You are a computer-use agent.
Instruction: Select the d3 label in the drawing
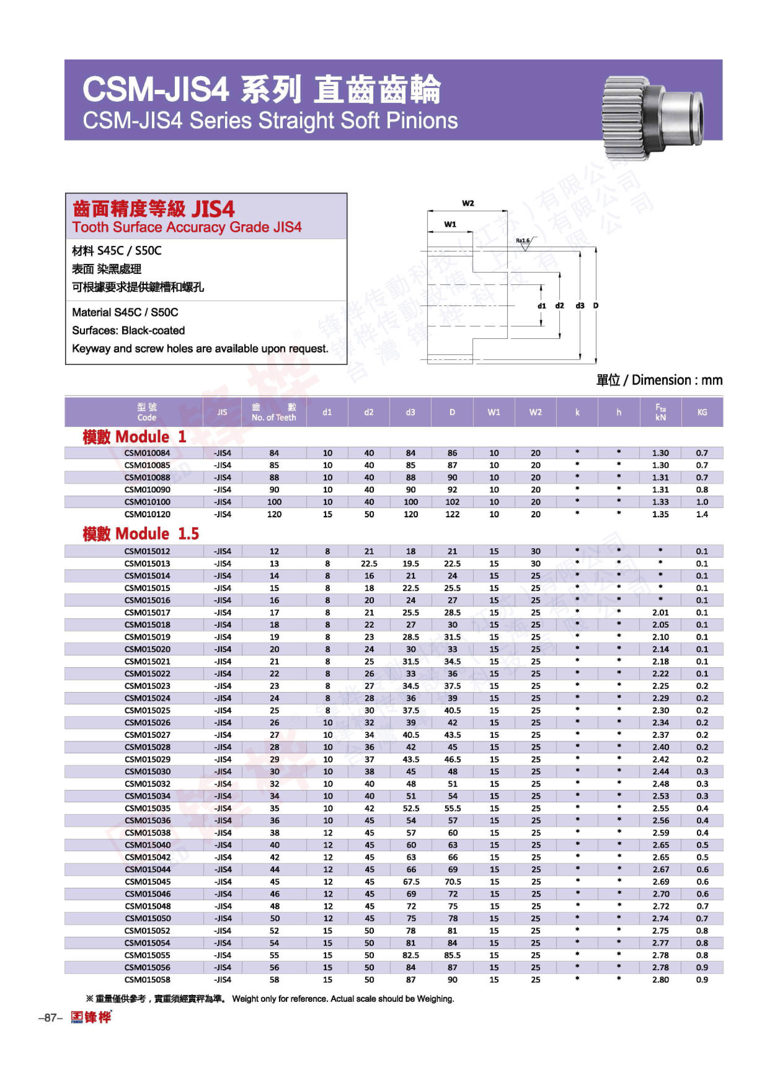580,306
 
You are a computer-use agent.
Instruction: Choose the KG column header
702,412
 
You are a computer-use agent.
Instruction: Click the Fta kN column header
661,412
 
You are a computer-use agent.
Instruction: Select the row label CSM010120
147,514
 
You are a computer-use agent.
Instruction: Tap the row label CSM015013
147,563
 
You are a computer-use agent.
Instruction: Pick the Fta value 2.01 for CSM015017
661,612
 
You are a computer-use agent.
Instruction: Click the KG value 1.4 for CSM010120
702,514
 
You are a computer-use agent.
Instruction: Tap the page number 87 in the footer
50,1018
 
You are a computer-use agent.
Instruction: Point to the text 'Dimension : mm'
677,380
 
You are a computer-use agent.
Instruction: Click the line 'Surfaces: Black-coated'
128,330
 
